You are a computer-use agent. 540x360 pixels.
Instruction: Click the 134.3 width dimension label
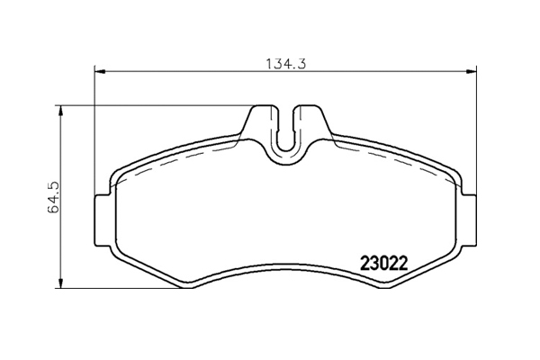click(286, 64)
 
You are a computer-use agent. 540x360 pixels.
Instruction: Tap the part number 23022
click(384, 264)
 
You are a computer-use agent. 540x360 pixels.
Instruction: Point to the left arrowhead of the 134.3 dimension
click(99, 72)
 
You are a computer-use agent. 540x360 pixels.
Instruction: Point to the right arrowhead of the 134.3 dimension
click(472, 72)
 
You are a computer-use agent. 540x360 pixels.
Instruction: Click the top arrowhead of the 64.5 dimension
click(61, 111)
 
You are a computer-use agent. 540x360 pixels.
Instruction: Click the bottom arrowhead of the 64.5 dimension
click(61, 283)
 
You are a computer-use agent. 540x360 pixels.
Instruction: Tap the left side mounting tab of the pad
click(103, 220)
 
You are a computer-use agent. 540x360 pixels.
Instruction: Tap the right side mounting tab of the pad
click(468, 220)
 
